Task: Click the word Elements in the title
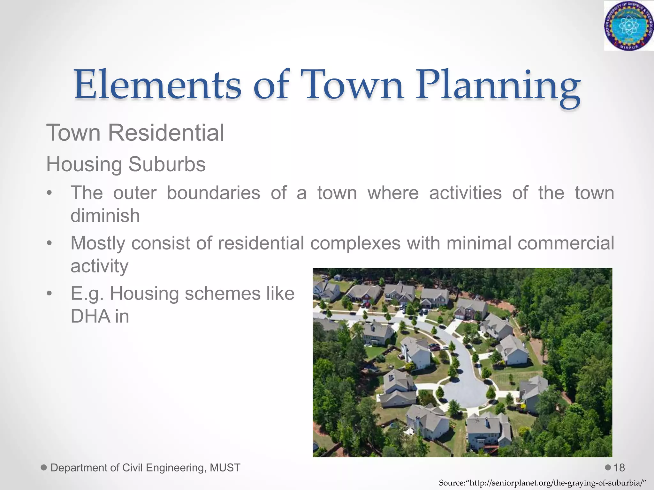click(x=158, y=85)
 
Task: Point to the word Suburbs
click(x=167, y=165)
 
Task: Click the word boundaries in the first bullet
click(x=213, y=193)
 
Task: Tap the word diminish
click(x=105, y=216)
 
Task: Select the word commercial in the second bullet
click(x=566, y=243)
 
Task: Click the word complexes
click(x=355, y=244)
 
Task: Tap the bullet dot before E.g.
click(x=49, y=293)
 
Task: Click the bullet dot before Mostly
click(x=49, y=243)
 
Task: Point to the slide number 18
click(x=619, y=468)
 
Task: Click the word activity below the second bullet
click(x=99, y=266)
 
